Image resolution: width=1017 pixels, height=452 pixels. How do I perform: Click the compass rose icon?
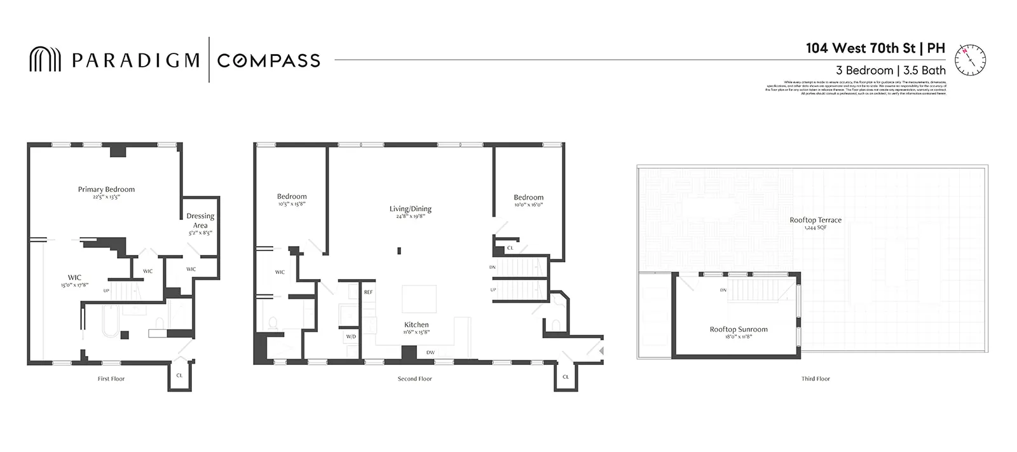click(971, 60)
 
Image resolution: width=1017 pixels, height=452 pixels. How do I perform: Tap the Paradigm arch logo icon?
click(45, 60)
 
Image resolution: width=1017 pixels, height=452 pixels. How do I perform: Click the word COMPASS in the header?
click(268, 60)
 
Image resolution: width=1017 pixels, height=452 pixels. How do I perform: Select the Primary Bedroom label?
click(106, 189)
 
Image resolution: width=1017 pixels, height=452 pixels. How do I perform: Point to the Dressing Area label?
click(200, 221)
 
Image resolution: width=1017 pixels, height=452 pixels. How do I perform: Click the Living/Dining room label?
click(410, 209)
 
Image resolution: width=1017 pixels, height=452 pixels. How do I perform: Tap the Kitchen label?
click(416, 325)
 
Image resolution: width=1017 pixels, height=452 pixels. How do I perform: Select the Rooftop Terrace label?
click(816, 220)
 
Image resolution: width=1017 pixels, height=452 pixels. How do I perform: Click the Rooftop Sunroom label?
click(739, 329)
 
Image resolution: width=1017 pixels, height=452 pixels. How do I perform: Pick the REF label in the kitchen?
click(368, 292)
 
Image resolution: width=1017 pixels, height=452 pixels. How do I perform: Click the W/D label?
click(351, 336)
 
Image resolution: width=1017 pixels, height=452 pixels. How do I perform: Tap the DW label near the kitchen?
click(430, 353)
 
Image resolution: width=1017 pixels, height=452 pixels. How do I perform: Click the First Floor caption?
click(111, 379)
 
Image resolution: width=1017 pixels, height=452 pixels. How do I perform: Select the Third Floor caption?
click(816, 379)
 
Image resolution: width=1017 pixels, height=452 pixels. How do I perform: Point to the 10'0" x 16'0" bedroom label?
click(528, 205)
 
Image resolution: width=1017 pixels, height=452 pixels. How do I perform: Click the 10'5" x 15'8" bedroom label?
click(292, 204)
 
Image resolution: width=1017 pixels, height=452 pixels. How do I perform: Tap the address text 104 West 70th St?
click(861, 48)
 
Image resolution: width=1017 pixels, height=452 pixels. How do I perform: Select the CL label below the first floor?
click(179, 376)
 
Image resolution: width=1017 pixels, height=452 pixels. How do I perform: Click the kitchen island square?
click(419, 299)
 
